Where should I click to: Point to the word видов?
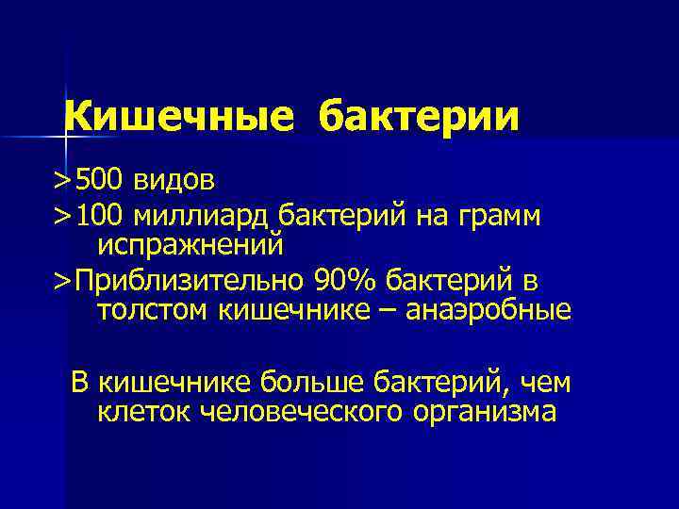[x=173, y=178]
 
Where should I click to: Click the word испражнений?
[x=190, y=244]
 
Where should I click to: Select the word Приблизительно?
[x=189, y=281]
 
